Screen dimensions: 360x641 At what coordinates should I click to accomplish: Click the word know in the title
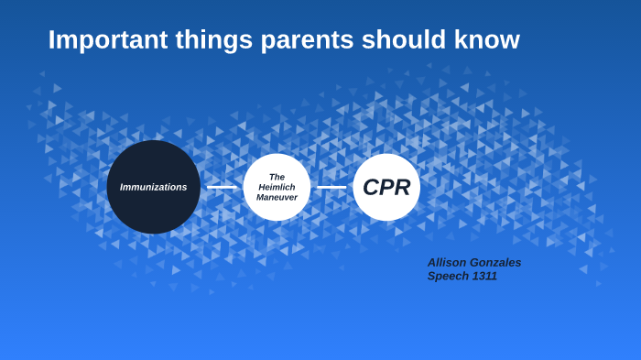coord(487,40)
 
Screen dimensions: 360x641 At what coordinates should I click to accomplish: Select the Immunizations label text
coord(153,187)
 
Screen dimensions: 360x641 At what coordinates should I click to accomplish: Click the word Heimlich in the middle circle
coord(277,187)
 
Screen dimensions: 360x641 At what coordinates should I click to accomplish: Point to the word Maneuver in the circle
coord(277,197)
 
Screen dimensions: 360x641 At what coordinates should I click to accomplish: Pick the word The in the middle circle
coord(277,177)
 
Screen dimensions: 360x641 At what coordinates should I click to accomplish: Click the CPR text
coord(386,187)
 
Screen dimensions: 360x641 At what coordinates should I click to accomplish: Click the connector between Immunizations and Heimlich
coord(222,187)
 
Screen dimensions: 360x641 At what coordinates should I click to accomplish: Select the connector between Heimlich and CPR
coord(331,187)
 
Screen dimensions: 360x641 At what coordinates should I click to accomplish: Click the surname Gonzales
coord(498,263)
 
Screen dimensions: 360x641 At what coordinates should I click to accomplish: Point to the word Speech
coord(448,276)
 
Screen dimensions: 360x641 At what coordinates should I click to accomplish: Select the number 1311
coord(484,276)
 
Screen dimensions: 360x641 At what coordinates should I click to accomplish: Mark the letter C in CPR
coord(371,187)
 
